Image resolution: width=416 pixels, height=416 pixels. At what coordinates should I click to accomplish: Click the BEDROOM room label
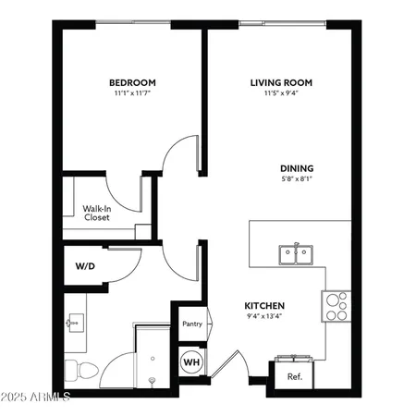[x=131, y=82]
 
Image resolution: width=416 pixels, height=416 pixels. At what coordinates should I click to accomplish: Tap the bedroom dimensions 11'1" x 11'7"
[x=131, y=93]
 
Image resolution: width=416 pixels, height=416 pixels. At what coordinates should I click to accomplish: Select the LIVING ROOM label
[x=281, y=82]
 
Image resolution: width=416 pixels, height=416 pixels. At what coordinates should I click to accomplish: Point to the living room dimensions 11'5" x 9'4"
[x=281, y=93]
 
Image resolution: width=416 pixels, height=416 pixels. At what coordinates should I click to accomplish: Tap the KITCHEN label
[x=263, y=306]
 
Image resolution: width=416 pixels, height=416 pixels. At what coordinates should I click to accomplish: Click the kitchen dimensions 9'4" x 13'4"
[x=263, y=317]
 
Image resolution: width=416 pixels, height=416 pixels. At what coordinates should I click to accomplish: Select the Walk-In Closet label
[x=98, y=214]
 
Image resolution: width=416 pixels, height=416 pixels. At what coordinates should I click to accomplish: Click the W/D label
[x=84, y=265]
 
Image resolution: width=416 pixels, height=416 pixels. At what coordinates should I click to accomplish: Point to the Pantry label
[x=191, y=324]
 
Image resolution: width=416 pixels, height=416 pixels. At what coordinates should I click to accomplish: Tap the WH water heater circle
[x=192, y=361]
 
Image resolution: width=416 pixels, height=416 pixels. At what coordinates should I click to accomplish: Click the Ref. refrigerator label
[x=295, y=376]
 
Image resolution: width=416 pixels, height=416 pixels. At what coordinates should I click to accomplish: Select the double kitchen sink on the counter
[x=295, y=252]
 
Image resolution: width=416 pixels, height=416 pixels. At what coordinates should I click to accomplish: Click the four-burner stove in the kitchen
[x=336, y=304]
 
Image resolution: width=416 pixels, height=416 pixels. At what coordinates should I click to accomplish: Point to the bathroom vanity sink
[x=75, y=323]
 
